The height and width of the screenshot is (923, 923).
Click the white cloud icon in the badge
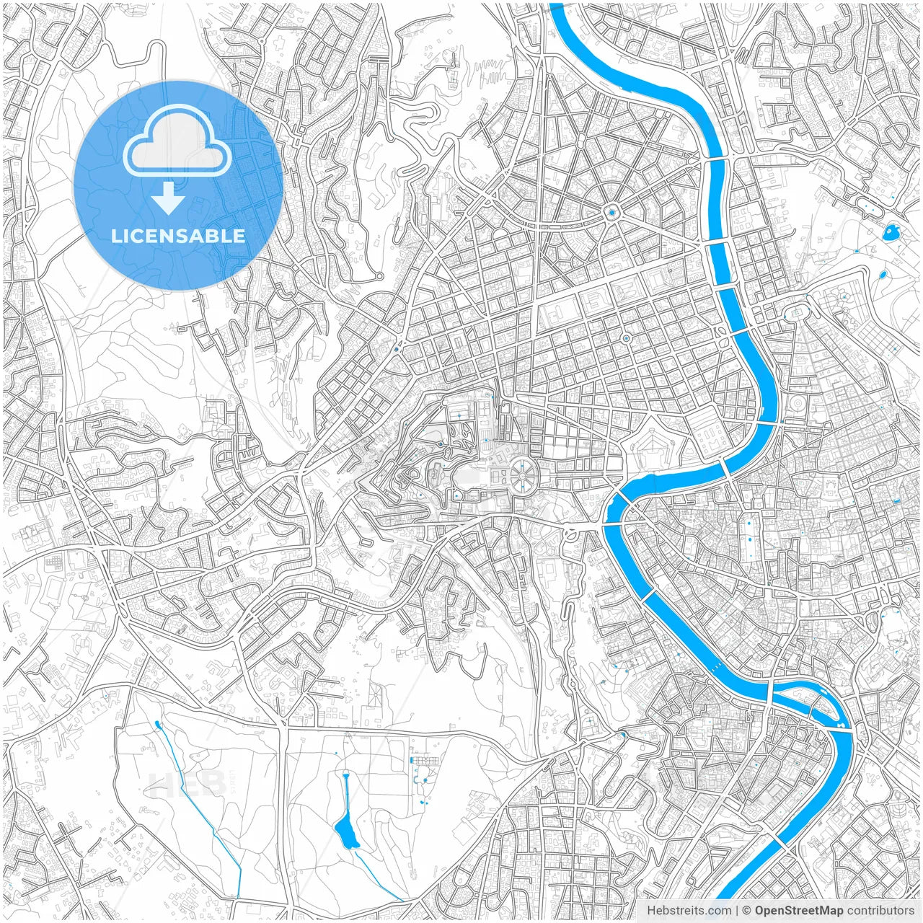(177, 143)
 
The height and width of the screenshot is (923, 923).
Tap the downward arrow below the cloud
(168, 198)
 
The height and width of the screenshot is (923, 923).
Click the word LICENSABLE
(178, 236)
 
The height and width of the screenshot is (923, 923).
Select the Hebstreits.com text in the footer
(689, 911)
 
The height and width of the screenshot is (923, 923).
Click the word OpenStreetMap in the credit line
(798, 911)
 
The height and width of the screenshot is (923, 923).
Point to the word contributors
(880, 911)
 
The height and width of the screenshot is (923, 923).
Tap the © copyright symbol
(747, 911)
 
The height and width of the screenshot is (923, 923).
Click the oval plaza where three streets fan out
(798, 312)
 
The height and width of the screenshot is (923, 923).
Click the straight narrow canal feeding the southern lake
(345, 793)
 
